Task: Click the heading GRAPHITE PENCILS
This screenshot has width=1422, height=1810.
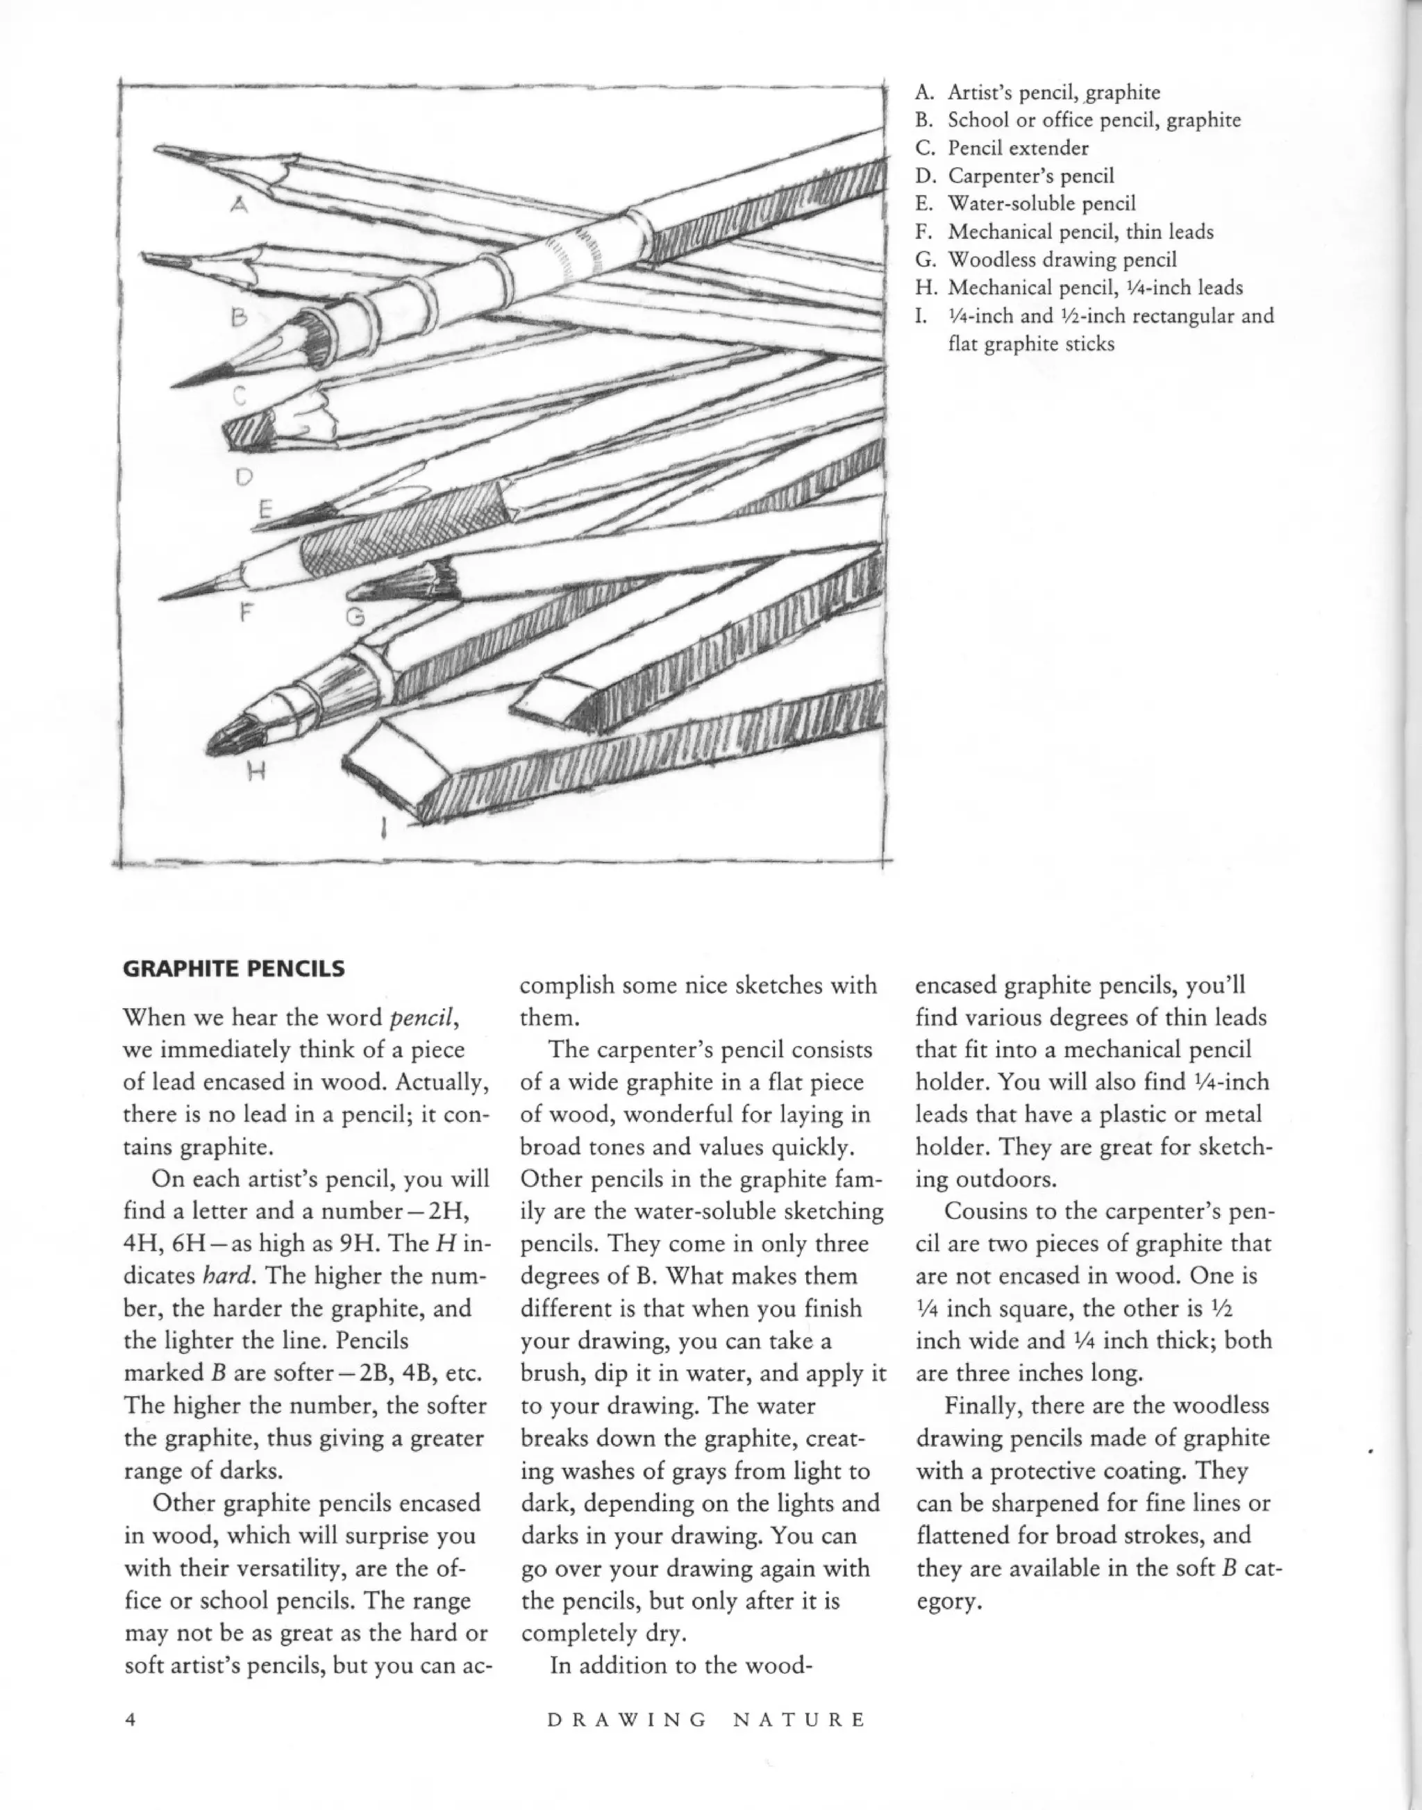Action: click(x=233, y=969)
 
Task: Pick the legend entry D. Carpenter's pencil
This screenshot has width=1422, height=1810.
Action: click(x=1014, y=176)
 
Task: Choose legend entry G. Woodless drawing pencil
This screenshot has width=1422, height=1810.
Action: click(x=1046, y=260)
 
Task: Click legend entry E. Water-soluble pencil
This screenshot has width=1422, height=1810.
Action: click(x=1025, y=204)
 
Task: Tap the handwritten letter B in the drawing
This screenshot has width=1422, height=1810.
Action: click(x=240, y=318)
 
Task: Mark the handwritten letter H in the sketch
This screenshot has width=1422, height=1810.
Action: click(x=256, y=773)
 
